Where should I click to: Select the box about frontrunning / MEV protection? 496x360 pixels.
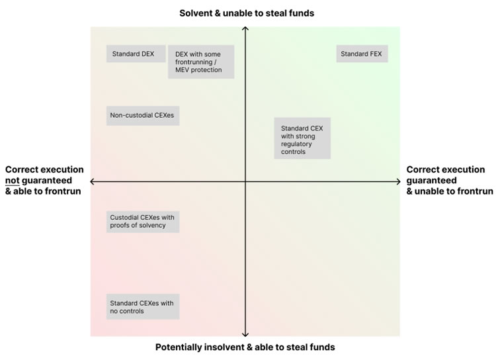[x=201, y=62]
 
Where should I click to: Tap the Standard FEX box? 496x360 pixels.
[x=362, y=54]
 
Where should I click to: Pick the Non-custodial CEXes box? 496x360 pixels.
[x=143, y=115]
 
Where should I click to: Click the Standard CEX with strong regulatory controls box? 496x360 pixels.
[x=302, y=139]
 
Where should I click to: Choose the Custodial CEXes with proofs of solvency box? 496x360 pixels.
[x=143, y=221]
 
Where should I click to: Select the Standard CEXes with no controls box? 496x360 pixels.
[x=143, y=306]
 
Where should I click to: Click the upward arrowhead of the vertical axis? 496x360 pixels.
[x=245, y=28]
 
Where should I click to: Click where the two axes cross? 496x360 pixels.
[x=245, y=181]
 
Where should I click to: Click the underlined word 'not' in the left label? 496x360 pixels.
[x=13, y=180]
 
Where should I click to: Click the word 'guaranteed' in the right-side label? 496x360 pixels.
[x=431, y=180]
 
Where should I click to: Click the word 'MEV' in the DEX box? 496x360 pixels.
[x=183, y=69]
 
